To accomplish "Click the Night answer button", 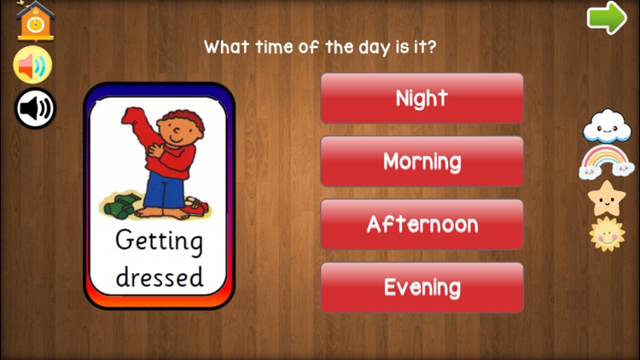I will (422, 98).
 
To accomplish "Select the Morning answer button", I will (422, 161).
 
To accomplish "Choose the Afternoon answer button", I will (422, 224).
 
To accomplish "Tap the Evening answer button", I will (422, 287).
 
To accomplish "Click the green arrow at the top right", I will (607, 19).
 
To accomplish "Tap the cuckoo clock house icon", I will (35, 21).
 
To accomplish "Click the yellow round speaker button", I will (33, 66).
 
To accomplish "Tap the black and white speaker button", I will (35, 108).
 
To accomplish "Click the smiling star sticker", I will (605, 198).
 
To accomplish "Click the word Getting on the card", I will (160, 241).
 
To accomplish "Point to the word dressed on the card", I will (160, 276).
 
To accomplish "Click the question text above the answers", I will (319, 46).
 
